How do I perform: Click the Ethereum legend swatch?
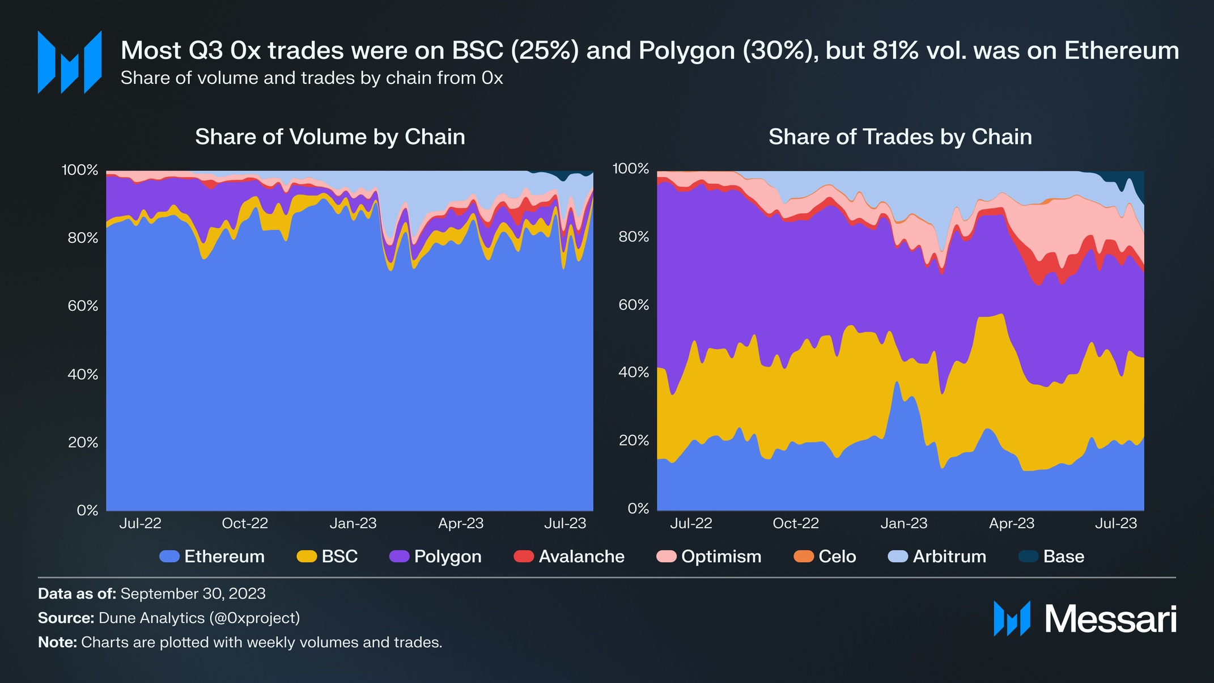(170, 557)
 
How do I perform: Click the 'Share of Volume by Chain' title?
(330, 137)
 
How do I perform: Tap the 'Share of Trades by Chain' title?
(900, 137)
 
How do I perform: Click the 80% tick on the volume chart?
(83, 238)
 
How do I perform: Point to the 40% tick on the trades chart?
(634, 372)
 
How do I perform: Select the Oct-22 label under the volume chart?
(245, 523)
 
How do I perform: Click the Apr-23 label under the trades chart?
(1012, 523)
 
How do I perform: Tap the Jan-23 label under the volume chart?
(353, 523)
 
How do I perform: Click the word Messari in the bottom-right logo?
(1110, 619)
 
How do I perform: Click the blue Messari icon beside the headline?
(69, 62)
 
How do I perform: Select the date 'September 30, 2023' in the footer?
(193, 593)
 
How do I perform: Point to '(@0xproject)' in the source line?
(254, 618)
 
